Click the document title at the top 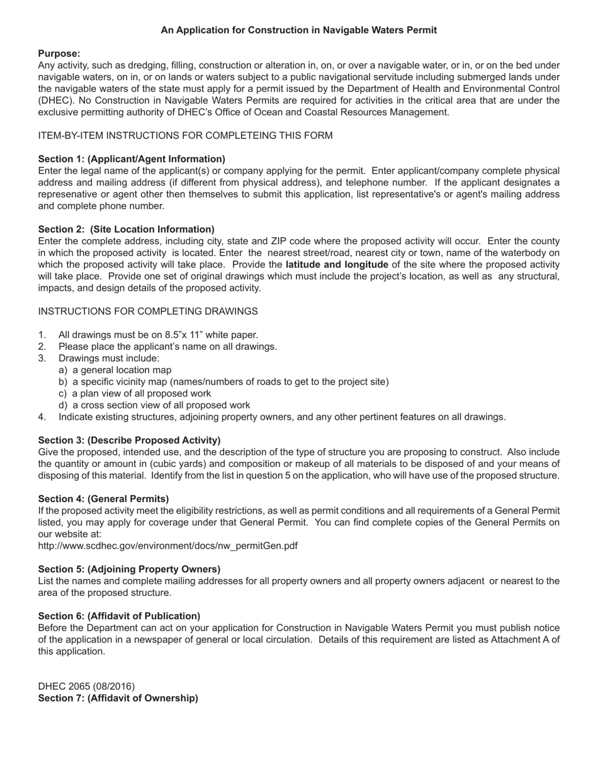pyautogui.click(x=298, y=30)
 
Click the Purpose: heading pyautogui.click(x=59, y=53)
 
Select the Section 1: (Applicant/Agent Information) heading pyautogui.click(x=132, y=159)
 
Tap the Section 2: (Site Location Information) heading pyautogui.click(x=126, y=229)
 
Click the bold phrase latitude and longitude pyautogui.click(x=337, y=264)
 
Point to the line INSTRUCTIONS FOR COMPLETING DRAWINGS pyautogui.click(x=148, y=311)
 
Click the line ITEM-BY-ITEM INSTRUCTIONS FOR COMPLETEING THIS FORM pyautogui.click(x=185, y=135)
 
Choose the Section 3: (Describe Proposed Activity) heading pyautogui.click(x=129, y=440)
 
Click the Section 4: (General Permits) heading pyautogui.click(x=103, y=498)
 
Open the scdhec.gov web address pyautogui.click(x=167, y=546)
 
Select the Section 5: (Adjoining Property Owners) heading pyautogui.click(x=129, y=569)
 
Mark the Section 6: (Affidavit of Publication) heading pyautogui.click(x=119, y=615)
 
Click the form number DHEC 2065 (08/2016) pyautogui.click(x=86, y=686)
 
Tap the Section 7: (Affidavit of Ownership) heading pyautogui.click(x=118, y=698)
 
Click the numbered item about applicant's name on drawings pyautogui.click(x=167, y=346)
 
